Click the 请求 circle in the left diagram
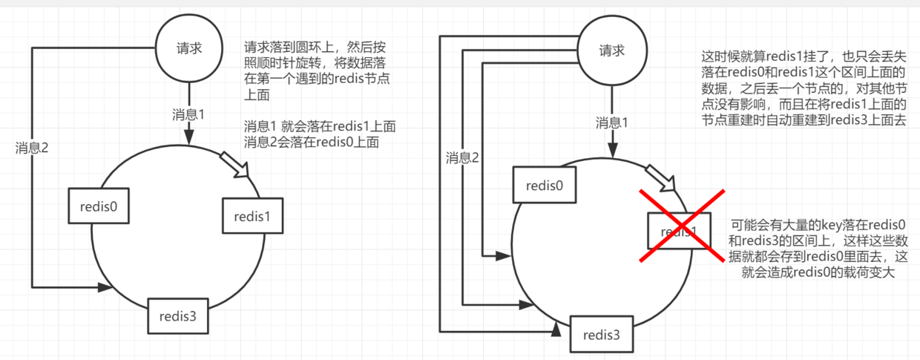tap(188, 49)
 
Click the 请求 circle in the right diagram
tap(611, 51)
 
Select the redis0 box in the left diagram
tap(99, 206)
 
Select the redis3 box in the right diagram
tap(602, 333)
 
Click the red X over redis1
tap(682, 226)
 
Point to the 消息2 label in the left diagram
tap(32, 148)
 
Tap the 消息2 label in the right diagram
tap(462, 157)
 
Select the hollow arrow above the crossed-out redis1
tap(662, 179)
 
